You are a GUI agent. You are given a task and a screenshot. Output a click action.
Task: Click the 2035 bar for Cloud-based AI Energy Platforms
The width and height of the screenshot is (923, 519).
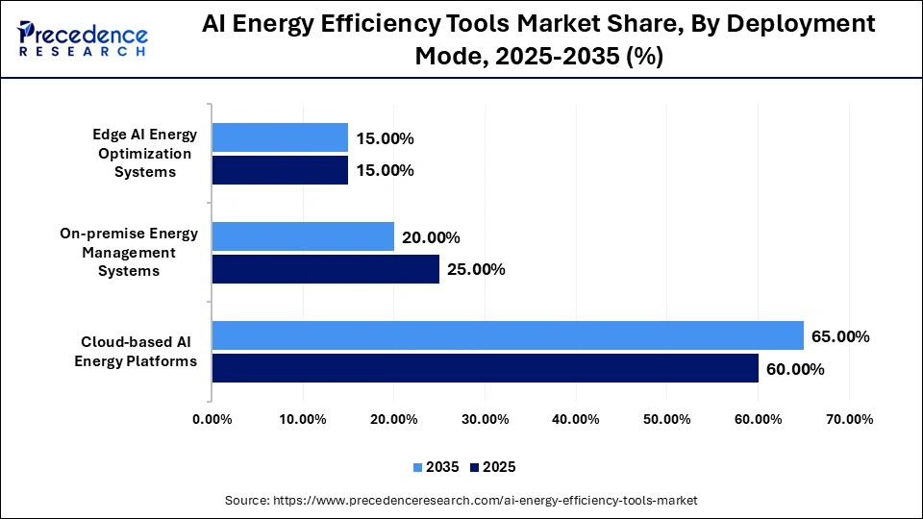508,335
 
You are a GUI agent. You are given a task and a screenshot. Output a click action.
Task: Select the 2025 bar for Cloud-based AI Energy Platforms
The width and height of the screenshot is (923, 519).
485,368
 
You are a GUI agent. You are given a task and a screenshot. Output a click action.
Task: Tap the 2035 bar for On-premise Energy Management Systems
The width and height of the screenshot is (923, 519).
303,236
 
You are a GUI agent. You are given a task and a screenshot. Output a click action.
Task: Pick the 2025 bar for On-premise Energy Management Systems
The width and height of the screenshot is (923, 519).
325,269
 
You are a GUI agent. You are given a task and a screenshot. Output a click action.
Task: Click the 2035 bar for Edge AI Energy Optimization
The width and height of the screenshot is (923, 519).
280,137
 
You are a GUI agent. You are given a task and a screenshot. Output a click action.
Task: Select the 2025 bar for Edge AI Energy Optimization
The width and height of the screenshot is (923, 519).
280,170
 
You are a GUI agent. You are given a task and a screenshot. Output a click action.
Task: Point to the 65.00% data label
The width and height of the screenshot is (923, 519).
841,336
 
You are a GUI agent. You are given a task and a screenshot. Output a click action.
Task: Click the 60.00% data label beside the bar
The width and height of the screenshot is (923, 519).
795,369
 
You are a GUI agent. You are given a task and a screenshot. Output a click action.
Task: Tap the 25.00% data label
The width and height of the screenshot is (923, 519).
476,269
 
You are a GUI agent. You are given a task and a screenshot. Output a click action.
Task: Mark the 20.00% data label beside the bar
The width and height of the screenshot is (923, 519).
431,237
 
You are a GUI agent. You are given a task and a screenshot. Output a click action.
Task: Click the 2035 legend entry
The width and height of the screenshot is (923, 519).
437,467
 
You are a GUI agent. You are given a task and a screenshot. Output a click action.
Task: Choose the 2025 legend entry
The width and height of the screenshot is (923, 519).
493,467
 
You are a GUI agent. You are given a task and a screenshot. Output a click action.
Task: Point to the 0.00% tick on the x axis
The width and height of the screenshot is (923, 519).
212,419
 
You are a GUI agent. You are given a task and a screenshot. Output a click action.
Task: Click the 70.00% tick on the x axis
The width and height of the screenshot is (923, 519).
849,419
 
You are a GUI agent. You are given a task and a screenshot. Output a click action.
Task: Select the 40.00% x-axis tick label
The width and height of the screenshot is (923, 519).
576,419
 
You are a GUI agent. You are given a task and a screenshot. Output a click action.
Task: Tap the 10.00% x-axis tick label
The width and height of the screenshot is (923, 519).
303,419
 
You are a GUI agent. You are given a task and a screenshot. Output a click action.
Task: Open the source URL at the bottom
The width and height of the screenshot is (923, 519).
461,501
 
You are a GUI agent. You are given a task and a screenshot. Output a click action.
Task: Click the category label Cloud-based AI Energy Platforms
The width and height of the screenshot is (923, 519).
139,352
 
